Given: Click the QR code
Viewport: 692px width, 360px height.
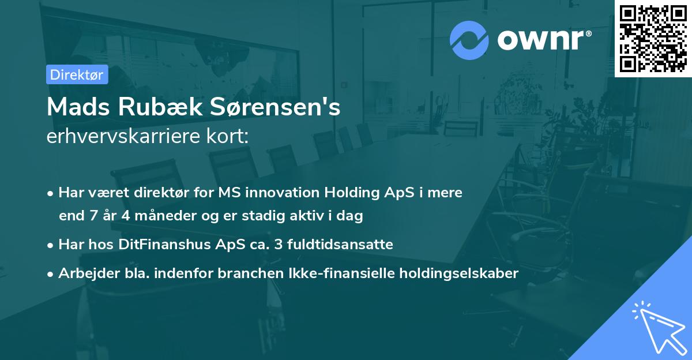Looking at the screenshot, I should pyautogui.click(x=653, y=38).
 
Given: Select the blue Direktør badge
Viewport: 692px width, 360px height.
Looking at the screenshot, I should pyautogui.click(x=77, y=74).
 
